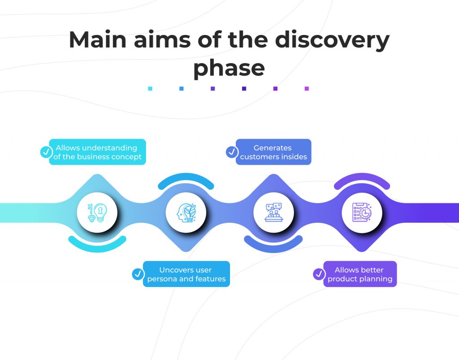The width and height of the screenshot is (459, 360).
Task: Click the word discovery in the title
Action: click(x=332, y=40)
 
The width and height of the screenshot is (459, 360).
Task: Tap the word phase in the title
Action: click(x=229, y=68)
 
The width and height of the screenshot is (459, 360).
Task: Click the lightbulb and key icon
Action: click(x=97, y=213)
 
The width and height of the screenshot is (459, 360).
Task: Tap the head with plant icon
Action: click(x=186, y=213)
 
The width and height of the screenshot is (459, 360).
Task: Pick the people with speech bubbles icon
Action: click(x=273, y=213)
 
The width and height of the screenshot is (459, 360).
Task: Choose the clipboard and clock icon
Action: click(x=362, y=213)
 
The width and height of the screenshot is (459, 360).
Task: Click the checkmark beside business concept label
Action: click(x=46, y=152)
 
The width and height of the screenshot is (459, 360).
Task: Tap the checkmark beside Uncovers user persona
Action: click(x=138, y=274)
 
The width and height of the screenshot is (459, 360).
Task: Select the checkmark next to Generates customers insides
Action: click(x=232, y=152)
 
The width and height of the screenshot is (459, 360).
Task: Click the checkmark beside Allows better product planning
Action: click(x=319, y=274)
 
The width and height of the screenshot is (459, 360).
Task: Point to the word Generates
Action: click(x=273, y=148)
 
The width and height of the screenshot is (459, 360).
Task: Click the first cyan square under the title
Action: click(x=150, y=89)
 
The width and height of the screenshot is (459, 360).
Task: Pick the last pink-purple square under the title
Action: click(x=307, y=89)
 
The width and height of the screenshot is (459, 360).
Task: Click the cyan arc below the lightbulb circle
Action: click(x=97, y=248)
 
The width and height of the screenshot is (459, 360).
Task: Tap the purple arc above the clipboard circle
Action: click(x=362, y=178)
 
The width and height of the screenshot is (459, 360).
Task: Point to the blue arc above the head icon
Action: click(x=186, y=178)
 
